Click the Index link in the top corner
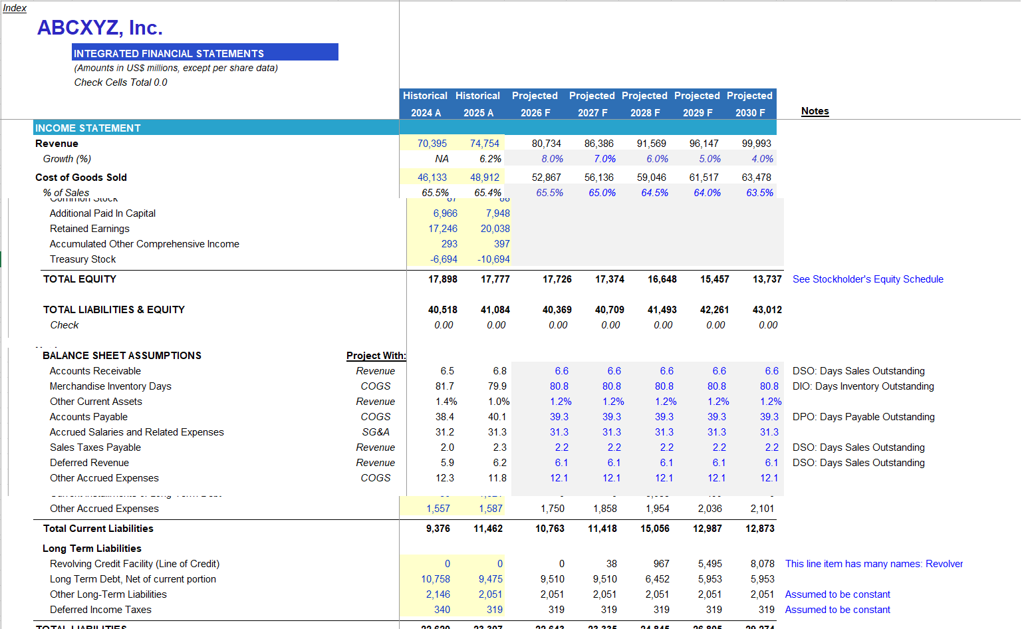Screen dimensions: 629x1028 point(15,8)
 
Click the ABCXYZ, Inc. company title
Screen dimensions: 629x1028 point(100,28)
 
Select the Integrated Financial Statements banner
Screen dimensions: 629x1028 point(205,53)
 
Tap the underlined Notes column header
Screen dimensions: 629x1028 point(815,111)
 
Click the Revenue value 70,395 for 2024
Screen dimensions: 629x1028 point(432,144)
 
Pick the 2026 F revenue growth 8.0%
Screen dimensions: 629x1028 point(552,159)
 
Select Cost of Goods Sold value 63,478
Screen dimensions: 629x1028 point(756,178)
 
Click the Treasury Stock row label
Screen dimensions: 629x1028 point(82,259)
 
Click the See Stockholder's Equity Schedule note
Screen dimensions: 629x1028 point(867,279)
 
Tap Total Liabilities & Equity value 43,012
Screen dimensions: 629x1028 point(767,310)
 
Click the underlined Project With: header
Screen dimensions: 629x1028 point(376,356)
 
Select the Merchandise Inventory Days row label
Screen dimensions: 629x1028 point(110,386)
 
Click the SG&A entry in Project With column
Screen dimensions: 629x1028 point(376,432)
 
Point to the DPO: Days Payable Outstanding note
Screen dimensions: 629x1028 point(863,417)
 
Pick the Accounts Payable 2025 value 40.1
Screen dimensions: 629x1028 point(497,417)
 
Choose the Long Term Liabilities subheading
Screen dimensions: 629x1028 point(92,549)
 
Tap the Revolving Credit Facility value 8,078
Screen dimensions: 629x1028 point(762,564)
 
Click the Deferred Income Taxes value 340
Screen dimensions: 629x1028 point(442,610)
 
